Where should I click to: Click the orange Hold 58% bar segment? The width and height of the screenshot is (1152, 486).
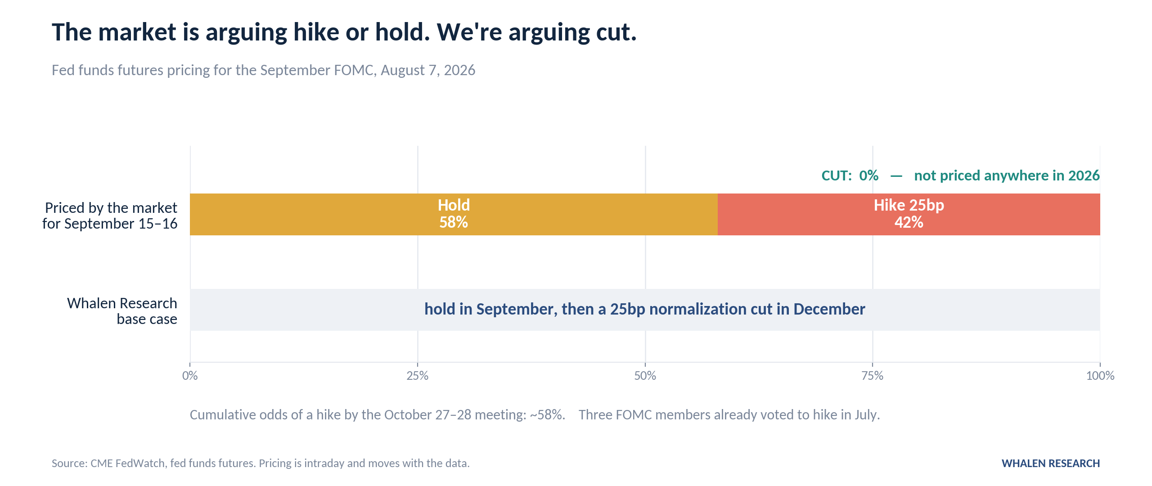pyautogui.click(x=454, y=214)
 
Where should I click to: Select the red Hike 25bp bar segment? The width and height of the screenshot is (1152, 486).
pyautogui.click(x=909, y=214)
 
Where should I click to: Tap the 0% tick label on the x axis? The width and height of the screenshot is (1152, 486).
pyautogui.click(x=190, y=376)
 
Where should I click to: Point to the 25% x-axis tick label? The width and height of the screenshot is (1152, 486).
pyautogui.click(x=418, y=376)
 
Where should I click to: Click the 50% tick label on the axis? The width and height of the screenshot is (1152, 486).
pyautogui.click(x=645, y=376)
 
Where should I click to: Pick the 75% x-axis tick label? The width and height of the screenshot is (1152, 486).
pyautogui.click(x=873, y=376)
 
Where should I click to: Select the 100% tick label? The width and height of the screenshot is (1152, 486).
pyautogui.click(x=1100, y=376)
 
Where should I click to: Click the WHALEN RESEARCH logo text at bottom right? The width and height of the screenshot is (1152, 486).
pyautogui.click(x=1051, y=463)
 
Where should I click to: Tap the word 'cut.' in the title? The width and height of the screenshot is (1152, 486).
pyautogui.click(x=616, y=32)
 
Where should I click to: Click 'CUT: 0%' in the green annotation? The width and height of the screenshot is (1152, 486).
pyautogui.click(x=850, y=175)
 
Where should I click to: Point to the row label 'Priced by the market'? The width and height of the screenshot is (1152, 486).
pyautogui.click(x=111, y=208)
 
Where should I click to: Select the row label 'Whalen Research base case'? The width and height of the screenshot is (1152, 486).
pyautogui.click(x=122, y=311)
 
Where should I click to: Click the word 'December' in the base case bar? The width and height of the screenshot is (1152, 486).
pyautogui.click(x=829, y=309)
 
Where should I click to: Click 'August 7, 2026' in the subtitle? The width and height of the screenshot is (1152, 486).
pyautogui.click(x=428, y=70)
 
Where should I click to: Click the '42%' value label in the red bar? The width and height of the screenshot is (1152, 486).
pyautogui.click(x=909, y=222)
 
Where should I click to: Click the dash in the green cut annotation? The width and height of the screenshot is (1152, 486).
pyautogui.click(x=896, y=176)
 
